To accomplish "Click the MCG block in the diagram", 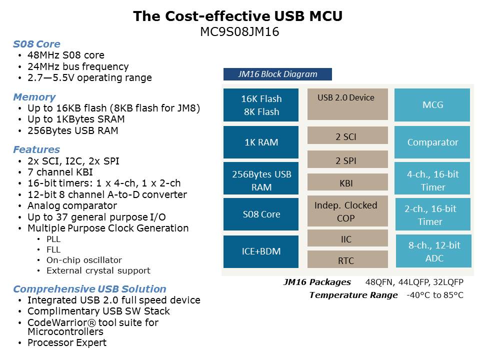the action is point(432,104).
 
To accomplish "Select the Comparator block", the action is point(432,142).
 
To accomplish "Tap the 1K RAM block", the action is point(261,142).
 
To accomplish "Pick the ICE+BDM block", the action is point(261,251).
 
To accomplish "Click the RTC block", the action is point(347,259).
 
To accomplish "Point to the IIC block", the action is point(347,238).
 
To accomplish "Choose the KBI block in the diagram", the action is point(347,182).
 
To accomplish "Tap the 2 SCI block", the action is point(347,135).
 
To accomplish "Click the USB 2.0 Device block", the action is point(347,104).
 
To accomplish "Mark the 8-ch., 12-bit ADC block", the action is point(433,251).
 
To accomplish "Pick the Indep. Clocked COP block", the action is point(347,211).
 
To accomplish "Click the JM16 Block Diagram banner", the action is point(277,74).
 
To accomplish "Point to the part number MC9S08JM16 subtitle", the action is point(239,31).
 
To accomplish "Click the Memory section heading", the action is point(34,96).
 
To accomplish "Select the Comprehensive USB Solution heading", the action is point(89,289).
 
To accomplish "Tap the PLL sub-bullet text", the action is point(53,239).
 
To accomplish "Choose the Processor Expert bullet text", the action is point(67,342).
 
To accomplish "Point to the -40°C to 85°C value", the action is point(434,295).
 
